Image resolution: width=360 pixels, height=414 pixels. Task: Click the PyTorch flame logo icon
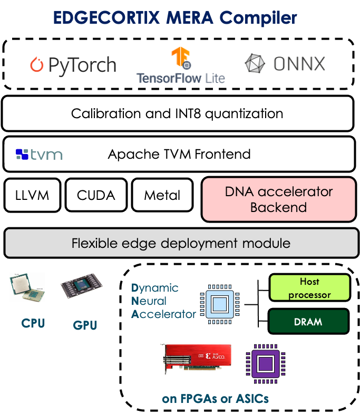(x=36, y=65)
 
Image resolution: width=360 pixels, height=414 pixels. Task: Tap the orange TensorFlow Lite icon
(x=180, y=59)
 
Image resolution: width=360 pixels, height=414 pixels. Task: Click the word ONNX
(x=299, y=64)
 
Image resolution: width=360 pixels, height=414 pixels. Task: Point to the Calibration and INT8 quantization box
(x=177, y=113)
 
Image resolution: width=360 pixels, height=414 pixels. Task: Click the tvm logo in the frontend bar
(x=39, y=155)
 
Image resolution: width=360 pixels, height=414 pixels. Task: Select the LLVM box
(x=32, y=195)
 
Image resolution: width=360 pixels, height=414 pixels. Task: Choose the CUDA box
(x=96, y=195)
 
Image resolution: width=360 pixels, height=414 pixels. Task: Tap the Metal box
(x=162, y=195)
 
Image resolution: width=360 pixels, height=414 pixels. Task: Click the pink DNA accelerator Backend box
(x=278, y=199)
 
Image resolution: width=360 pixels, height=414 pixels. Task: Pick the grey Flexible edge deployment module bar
(x=181, y=243)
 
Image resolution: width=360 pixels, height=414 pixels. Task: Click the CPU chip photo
(x=27, y=287)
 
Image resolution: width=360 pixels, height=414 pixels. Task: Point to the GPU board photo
(x=81, y=286)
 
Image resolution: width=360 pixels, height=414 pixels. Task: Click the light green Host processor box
(x=309, y=288)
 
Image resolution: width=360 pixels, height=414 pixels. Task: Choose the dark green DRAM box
(x=308, y=321)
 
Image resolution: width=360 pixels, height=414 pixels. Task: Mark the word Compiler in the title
(x=258, y=18)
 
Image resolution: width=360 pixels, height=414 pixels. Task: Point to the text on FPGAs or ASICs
(x=216, y=399)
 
